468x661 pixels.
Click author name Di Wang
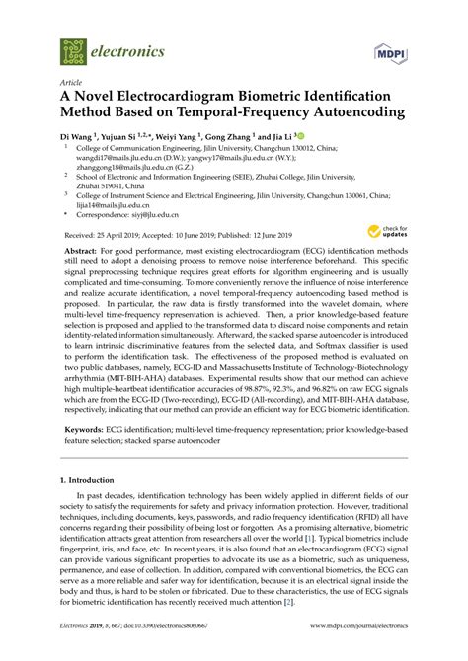pyautogui.click(x=79, y=134)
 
